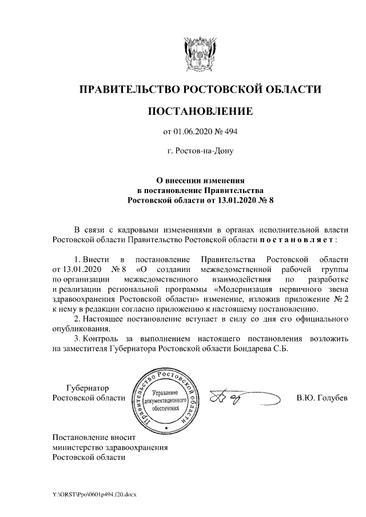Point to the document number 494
click(x=230, y=133)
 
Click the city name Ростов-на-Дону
click(x=200, y=151)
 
